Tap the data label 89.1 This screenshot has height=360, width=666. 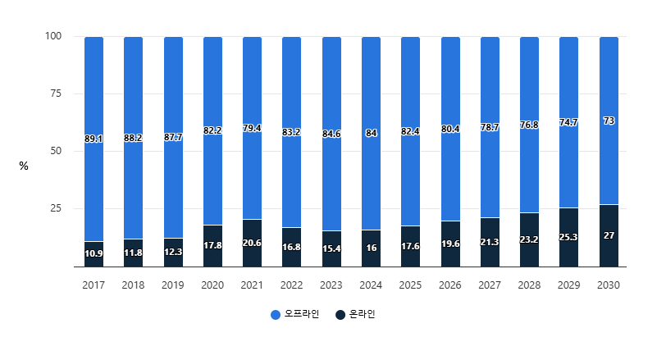[94, 139]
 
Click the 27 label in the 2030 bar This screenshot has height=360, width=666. [609, 235]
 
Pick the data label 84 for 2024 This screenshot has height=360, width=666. [371, 133]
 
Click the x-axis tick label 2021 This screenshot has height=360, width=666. [252, 285]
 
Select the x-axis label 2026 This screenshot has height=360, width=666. [449, 285]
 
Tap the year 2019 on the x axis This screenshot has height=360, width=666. [173, 285]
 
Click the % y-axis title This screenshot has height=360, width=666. [24, 166]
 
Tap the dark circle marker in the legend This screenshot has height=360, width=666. [340, 315]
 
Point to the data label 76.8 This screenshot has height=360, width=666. [529, 125]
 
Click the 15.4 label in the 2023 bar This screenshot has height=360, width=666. [331, 248]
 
